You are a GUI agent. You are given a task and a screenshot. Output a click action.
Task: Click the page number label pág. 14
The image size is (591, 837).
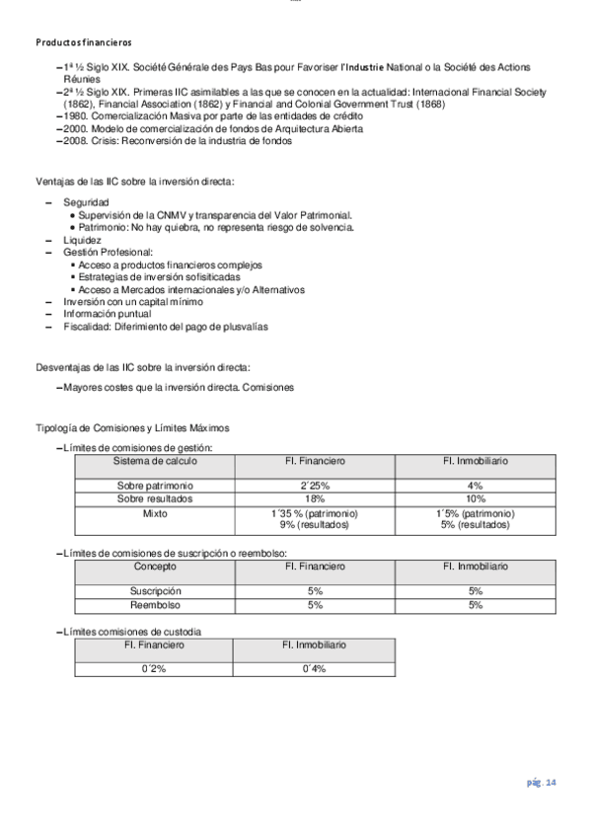(540, 783)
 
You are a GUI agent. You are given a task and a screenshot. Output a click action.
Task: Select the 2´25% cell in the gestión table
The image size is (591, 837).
(315, 486)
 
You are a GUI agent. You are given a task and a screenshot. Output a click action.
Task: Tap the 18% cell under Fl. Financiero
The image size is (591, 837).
(315, 499)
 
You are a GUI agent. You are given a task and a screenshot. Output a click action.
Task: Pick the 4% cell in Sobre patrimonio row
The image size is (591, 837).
(476, 486)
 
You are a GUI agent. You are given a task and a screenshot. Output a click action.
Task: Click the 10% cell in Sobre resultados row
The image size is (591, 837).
(476, 499)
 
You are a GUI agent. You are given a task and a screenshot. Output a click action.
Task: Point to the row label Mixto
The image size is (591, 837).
(155, 514)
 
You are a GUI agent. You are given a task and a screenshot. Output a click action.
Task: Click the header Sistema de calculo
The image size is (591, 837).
(155, 461)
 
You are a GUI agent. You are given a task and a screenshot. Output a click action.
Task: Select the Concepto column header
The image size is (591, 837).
(155, 567)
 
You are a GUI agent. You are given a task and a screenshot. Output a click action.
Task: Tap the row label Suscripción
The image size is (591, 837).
(155, 591)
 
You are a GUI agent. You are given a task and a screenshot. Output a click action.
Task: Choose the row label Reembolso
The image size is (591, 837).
(155, 605)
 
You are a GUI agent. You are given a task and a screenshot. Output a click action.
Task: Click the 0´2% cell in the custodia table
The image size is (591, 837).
(154, 668)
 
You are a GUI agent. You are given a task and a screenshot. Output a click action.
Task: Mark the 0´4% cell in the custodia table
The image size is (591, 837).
(315, 668)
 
